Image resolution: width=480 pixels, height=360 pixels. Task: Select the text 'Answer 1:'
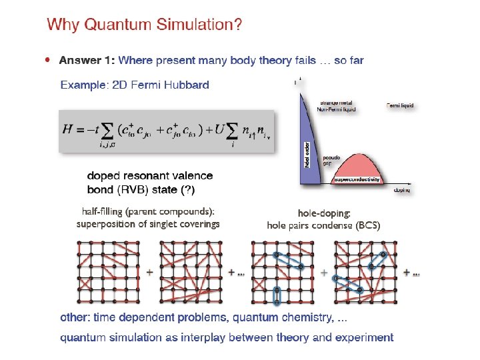tap(87, 61)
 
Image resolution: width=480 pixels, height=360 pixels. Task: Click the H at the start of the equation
tap(68, 130)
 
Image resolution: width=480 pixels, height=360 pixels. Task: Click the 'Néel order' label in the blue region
tap(307, 153)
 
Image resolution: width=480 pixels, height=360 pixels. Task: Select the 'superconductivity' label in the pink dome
tap(357, 179)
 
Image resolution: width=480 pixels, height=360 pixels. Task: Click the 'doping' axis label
tap(402, 190)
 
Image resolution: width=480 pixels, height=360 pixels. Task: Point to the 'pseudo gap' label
tap(332, 161)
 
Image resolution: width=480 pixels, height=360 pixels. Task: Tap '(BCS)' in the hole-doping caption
tap(367, 225)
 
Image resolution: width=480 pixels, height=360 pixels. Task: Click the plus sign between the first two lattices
tap(149, 272)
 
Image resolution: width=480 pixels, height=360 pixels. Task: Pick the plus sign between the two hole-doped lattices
tap(324, 272)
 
